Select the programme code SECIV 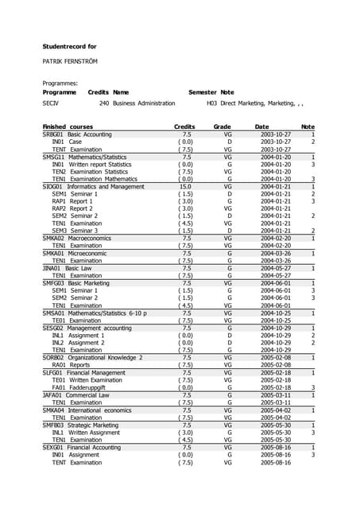point(50,103)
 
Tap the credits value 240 point(103,103)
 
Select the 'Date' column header point(261,127)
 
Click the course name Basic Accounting point(90,135)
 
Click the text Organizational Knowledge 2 point(103,357)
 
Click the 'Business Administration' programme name point(144,103)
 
